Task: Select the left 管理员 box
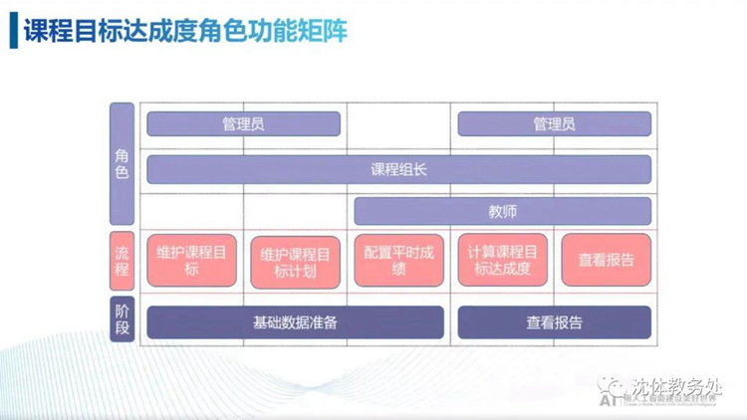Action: (243, 124)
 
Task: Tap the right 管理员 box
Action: (554, 124)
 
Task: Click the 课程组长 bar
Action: (398, 170)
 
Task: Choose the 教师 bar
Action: (502, 211)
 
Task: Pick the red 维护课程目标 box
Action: (191, 261)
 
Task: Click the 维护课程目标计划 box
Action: (295, 262)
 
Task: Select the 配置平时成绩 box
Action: (398, 261)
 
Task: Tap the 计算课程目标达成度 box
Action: (502, 261)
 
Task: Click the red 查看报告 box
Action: (606, 261)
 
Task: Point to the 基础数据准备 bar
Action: (295, 322)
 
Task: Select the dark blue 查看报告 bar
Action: (554, 322)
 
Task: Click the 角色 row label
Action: (122, 163)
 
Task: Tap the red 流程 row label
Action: (122, 261)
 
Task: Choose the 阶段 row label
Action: (122, 318)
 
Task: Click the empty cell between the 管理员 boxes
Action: (398, 124)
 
